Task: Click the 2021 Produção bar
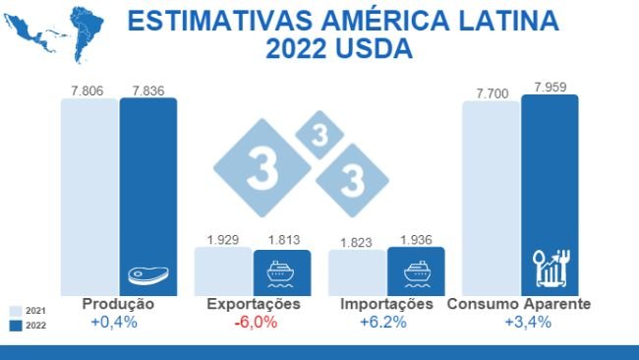(89, 196)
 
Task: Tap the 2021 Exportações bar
(223, 270)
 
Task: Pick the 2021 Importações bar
(357, 271)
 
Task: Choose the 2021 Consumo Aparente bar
(491, 197)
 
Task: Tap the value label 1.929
(224, 239)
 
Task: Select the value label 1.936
(417, 239)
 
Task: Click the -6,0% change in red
(253, 323)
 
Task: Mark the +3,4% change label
(519, 323)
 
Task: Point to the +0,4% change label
(118, 323)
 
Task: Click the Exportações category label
(253, 305)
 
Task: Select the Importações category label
(386, 305)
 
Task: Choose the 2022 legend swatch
(15, 325)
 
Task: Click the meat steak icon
(147, 276)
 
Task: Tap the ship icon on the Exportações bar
(282, 272)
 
